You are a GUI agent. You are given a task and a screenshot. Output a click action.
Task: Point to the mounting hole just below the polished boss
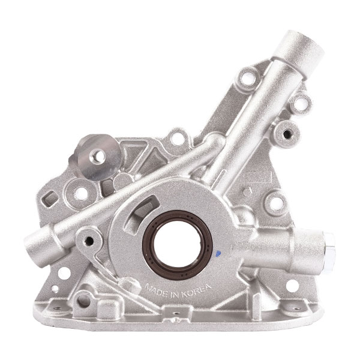click(79, 194)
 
